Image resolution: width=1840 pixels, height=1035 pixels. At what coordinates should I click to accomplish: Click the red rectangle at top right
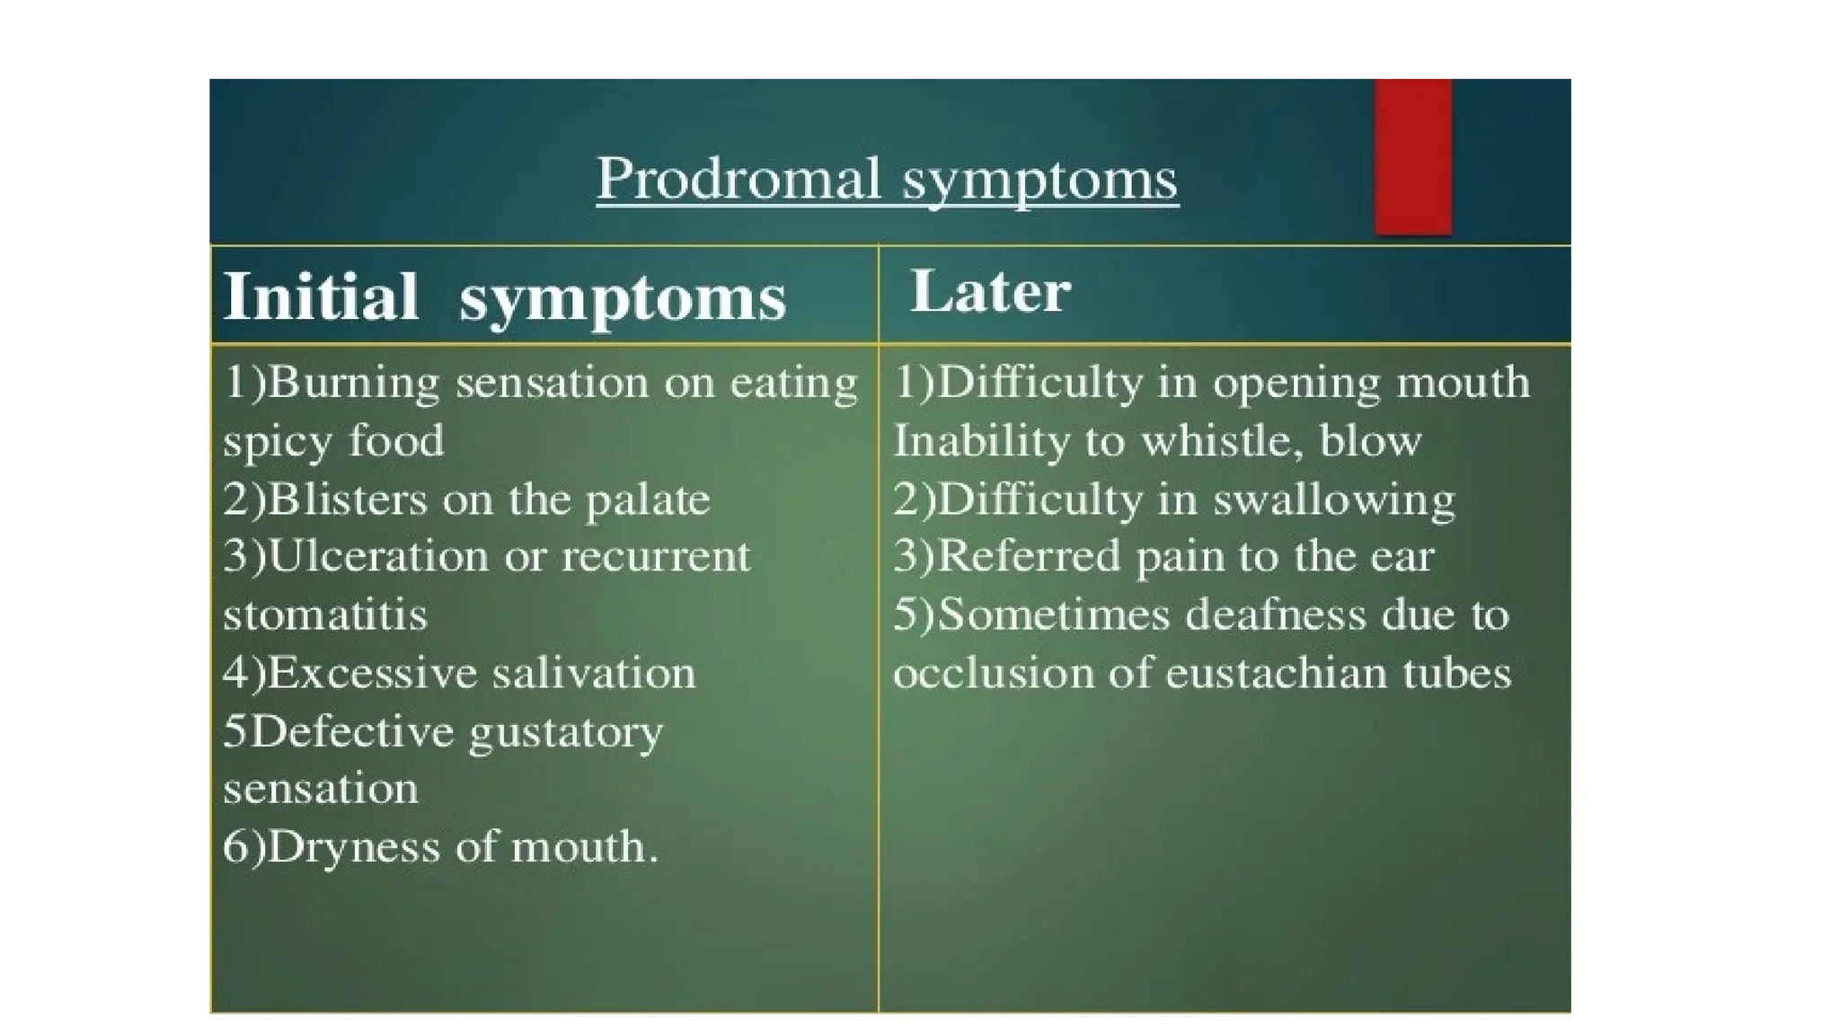click(x=1412, y=157)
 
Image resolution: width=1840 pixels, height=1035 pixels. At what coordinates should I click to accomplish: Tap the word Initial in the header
click(x=321, y=296)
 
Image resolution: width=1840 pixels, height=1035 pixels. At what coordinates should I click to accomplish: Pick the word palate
click(x=648, y=500)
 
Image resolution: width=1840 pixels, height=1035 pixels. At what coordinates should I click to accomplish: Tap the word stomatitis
click(x=325, y=615)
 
